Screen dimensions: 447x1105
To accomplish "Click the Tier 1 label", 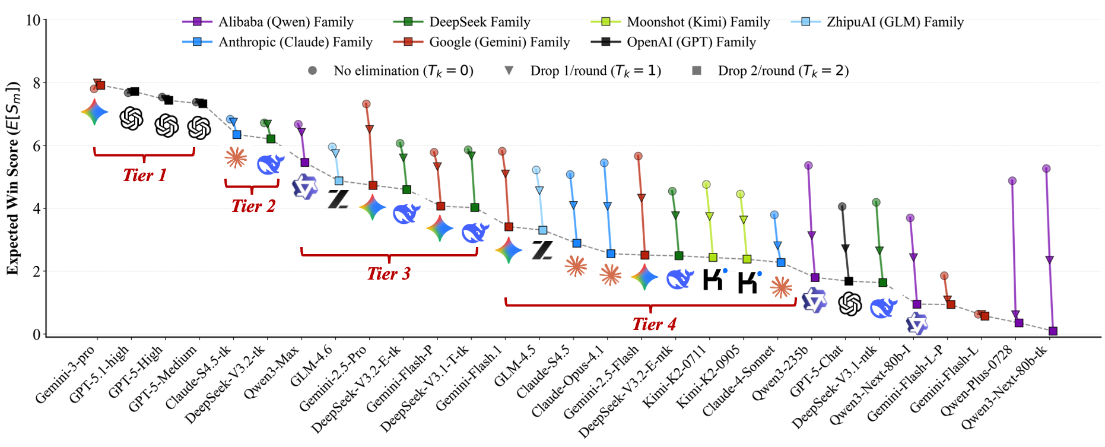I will tap(144, 175).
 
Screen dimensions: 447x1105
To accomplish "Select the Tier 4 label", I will tap(654, 324).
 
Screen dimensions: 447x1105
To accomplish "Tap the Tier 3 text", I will tap(389, 274).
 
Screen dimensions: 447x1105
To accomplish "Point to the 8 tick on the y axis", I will tap(37, 83).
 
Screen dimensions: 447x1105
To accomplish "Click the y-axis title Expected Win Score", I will tap(13, 178).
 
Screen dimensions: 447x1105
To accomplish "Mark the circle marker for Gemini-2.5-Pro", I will tap(366, 104).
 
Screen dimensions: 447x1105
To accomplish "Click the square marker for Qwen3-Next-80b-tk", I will tap(1053, 331).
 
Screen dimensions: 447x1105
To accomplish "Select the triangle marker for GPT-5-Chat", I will tap(845, 248).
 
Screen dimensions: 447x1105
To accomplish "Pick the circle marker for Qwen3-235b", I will tap(808, 166).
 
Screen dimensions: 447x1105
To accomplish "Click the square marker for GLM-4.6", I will tap(339, 181).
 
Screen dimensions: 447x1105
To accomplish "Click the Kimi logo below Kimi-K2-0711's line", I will tap(715, 279).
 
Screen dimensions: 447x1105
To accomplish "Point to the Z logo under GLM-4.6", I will tap(338, 199).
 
